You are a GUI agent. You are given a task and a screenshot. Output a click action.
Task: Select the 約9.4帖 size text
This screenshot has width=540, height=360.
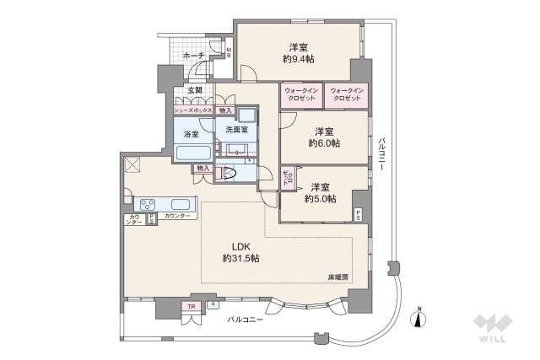pyautogui.click(x=299, y=60)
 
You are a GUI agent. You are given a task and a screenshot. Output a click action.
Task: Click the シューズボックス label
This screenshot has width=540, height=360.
pyautogui.click(x=193, y=110)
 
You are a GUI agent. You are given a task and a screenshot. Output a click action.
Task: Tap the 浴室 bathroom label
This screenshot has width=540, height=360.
pyautogui.click(x=192, y=133)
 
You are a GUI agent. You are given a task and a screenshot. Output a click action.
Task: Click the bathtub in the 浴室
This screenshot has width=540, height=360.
pyautogui.click(x=193, y=153)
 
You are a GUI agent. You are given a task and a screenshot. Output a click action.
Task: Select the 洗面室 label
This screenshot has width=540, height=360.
pyautogui.click(x=236, y=129)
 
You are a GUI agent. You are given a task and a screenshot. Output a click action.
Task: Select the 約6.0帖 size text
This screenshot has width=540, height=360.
pyautogui.click(x=324, y=144)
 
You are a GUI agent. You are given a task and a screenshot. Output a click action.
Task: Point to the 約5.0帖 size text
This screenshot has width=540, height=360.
pyautogui.click(x=320, y=199)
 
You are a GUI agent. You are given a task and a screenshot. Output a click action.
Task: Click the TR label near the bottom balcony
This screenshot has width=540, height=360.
pyautogui.click(x=192, y=306)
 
